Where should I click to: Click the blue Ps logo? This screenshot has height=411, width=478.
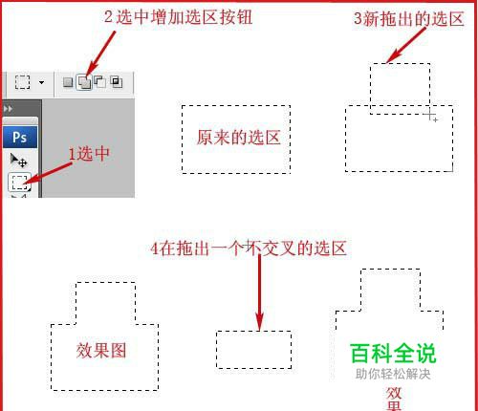click(20, 137)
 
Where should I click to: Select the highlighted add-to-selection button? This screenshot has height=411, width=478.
click(84, 82)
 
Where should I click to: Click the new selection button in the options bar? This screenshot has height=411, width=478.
click(68, 82)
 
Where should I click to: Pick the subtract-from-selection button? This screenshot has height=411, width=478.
click(100, 81)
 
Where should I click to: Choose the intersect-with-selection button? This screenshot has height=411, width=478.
click(117, 81)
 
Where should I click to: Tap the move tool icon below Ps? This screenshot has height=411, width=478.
click(18, 161)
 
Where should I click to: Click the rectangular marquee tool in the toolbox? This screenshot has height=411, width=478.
click(19, 183)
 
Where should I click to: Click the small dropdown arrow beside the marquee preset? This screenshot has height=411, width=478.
click(41, 82)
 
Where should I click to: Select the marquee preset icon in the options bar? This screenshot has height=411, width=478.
click(22, 82)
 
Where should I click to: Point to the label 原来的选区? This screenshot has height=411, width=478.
click(238, 138)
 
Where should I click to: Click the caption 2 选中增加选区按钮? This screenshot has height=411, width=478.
click(179, 17)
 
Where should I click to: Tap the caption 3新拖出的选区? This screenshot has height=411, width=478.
click(409, 18)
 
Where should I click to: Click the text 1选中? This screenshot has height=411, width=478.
click(89, 154)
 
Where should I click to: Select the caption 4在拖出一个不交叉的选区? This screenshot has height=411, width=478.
click(249, 249)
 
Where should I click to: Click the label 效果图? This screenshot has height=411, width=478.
click(101, 351)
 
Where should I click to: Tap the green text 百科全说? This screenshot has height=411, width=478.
click(393, 354)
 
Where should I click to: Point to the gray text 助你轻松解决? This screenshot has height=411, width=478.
click(393, 374)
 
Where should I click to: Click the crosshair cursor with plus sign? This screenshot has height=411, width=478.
click(431, 115)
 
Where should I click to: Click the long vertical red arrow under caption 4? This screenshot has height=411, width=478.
click(260, 292)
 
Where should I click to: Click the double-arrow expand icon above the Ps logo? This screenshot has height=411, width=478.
click(8, 109)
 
